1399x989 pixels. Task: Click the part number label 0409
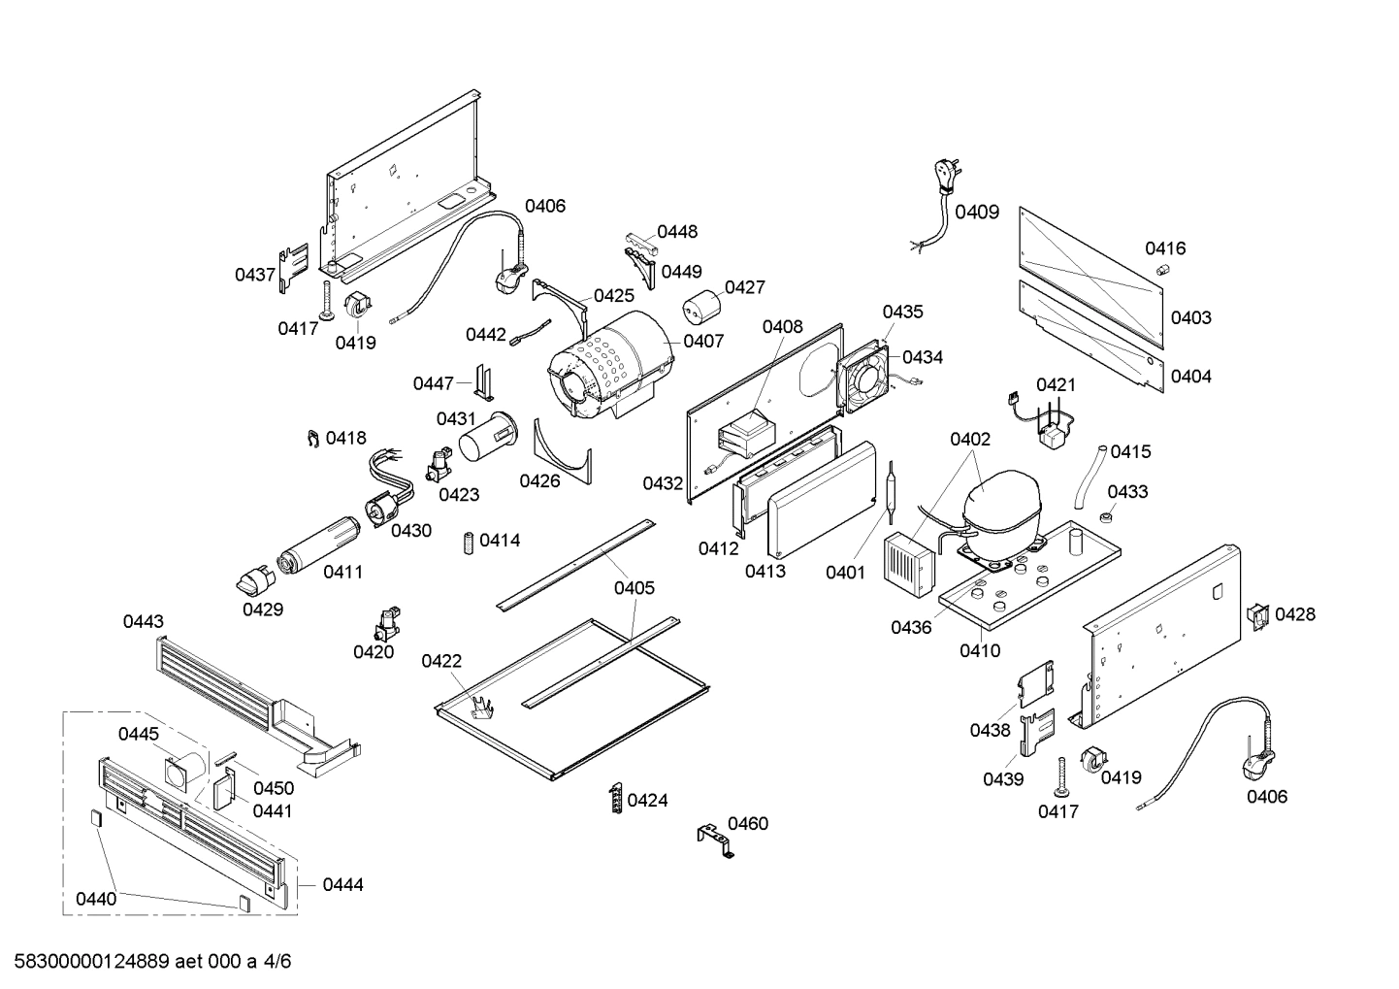point(976,212)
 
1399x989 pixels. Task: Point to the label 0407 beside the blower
point(703,341)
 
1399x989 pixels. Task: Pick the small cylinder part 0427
point(701,309)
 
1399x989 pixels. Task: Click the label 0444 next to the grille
point(342,884)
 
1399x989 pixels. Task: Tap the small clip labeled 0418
point(313,440)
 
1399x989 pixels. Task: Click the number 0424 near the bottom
point(647,801)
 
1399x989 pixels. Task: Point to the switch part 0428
point(1257,615)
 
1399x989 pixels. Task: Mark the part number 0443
point(143,621)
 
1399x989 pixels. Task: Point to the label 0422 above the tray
point(441,661)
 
